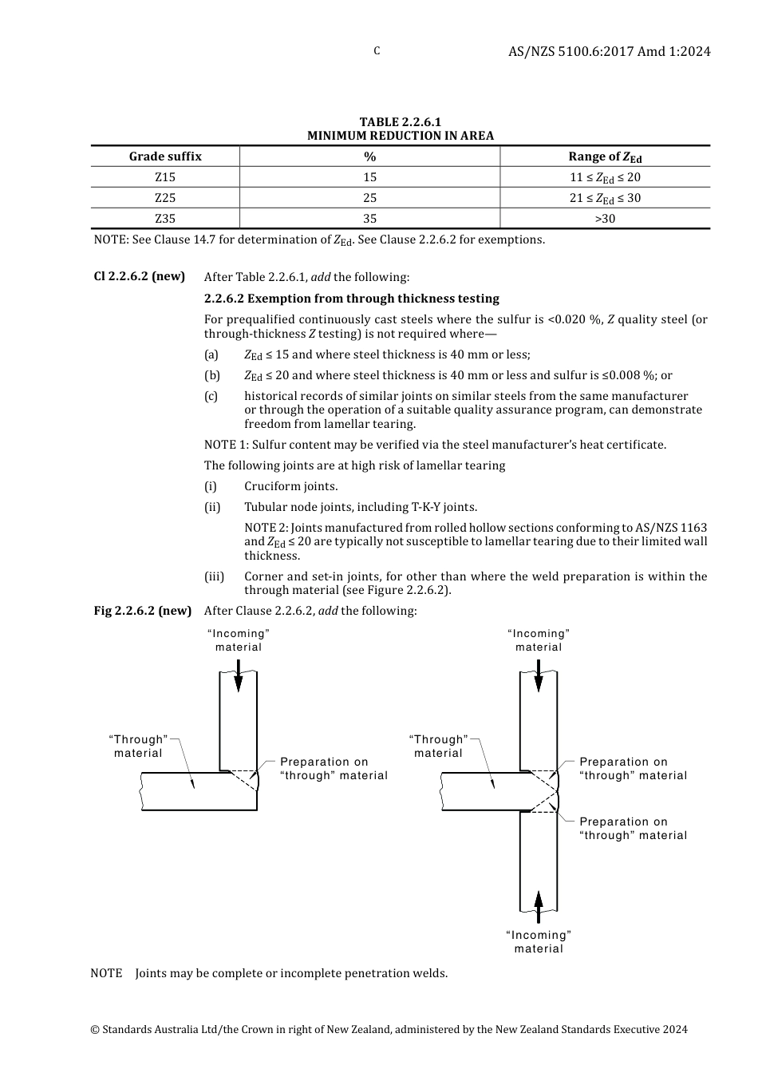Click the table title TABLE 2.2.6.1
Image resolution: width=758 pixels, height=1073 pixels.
tap(400, 122)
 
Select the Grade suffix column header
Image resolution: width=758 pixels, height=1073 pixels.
tap(165, 156)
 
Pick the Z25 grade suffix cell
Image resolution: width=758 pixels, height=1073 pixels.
tap(165, 198)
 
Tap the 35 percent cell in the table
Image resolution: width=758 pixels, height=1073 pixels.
tap(369, 219)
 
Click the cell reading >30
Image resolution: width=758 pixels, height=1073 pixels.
tap(605, 219)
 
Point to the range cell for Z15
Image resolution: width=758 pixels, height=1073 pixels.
tap(605, 177)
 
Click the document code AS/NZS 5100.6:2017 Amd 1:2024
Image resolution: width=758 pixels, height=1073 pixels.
tap(609, 52)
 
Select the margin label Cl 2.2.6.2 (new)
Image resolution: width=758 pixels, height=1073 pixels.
tap(139, 276)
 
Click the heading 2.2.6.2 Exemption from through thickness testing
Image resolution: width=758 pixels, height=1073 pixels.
tap(351, 299)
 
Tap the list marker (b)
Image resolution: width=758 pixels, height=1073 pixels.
tap(211, 375)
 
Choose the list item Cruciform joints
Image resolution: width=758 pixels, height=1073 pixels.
tap(290, 486)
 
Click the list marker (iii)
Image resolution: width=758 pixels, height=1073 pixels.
tap(214, 576)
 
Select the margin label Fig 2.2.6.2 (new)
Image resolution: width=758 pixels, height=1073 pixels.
tap(142, 611)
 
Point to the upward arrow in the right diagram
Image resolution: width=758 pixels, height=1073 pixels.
tap(539, 905)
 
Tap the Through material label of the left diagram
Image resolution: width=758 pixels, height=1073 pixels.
tap(138, 746)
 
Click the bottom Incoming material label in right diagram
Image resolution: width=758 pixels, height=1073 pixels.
tap(539, 942)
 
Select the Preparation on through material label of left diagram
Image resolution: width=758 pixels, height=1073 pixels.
tap(334, 769)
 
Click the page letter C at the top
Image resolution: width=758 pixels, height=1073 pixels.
tap(377, 51)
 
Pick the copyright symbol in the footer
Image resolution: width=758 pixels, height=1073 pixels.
tap(95, 1030)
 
